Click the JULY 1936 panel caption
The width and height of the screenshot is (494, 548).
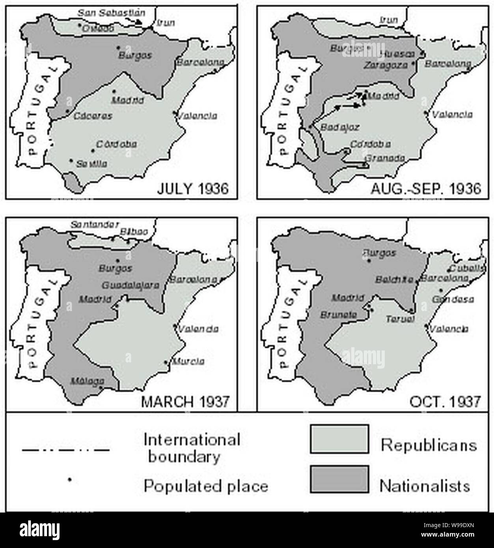pyautogui.click(x=192, y=188)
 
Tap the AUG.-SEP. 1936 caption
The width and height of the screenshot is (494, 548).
pyautogui.click(x=426, y=188)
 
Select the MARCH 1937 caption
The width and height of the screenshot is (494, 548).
pyautogui.click(x=185, y=401)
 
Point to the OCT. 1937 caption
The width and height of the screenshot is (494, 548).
pyautogui.click(x=445, y=401)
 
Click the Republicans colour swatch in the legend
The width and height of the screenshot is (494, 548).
pyautogui.click(x=339, y=438)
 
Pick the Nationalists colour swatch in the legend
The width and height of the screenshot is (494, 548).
pyautogui.click(x=339, y=479)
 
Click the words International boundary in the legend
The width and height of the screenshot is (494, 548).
pyautogui.click(x=192, y=448)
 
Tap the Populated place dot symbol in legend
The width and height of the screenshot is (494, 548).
pyautogui.click(x=69, y=479)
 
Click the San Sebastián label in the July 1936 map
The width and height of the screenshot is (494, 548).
pyautogui.click(x=111, y=13)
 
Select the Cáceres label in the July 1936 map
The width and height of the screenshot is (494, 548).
pyautogui.click(x=93, y=116)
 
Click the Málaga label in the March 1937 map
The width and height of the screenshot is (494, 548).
pyautogui.click(x=88, y=381)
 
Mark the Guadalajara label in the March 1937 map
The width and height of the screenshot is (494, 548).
pyautogui.click(x=130, y=285)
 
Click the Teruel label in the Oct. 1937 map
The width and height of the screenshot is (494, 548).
pyautogui.click(x=400, y=319)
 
